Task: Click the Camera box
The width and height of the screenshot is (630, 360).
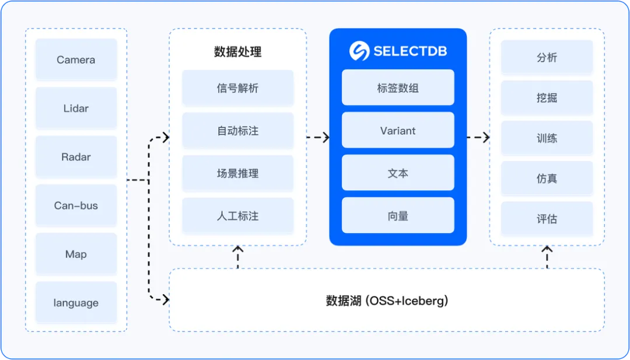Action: [x=76, y=60]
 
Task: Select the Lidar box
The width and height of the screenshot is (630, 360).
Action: [x=76, y=108]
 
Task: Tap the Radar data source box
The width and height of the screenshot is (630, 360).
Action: [x=76, y=157]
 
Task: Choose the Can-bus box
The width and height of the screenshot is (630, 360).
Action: [x=76, y=205]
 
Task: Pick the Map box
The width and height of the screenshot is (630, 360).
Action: [x=76, y=254]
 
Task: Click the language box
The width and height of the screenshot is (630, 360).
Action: [x=76, y=303]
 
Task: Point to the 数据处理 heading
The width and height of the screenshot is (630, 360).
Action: [x=237, y=52]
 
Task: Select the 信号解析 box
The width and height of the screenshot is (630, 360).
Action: [x=237, y=88]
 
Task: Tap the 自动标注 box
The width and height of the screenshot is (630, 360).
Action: [x=237, y=131]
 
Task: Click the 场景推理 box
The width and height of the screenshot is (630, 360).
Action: [x=237, y=173]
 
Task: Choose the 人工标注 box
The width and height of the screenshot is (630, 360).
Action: [x=237, y=216]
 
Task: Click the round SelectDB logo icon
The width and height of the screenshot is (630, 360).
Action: [x=359, y=51]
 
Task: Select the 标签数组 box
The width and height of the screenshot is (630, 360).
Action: [x=398, y=88]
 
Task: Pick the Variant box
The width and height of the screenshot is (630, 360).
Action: [x=398, y=131]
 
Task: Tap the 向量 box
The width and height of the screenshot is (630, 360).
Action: [x=398, y=216]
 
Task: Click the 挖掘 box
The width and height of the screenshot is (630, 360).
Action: [x=547, y=98]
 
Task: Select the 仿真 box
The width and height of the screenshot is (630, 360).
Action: [x=547, y=179]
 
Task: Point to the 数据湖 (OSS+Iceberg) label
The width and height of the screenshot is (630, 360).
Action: [x=387, y=301]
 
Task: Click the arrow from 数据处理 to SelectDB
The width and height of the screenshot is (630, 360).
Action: [x=318, y=138]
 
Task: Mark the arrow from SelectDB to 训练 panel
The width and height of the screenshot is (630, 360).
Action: [x=478, y=138]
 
